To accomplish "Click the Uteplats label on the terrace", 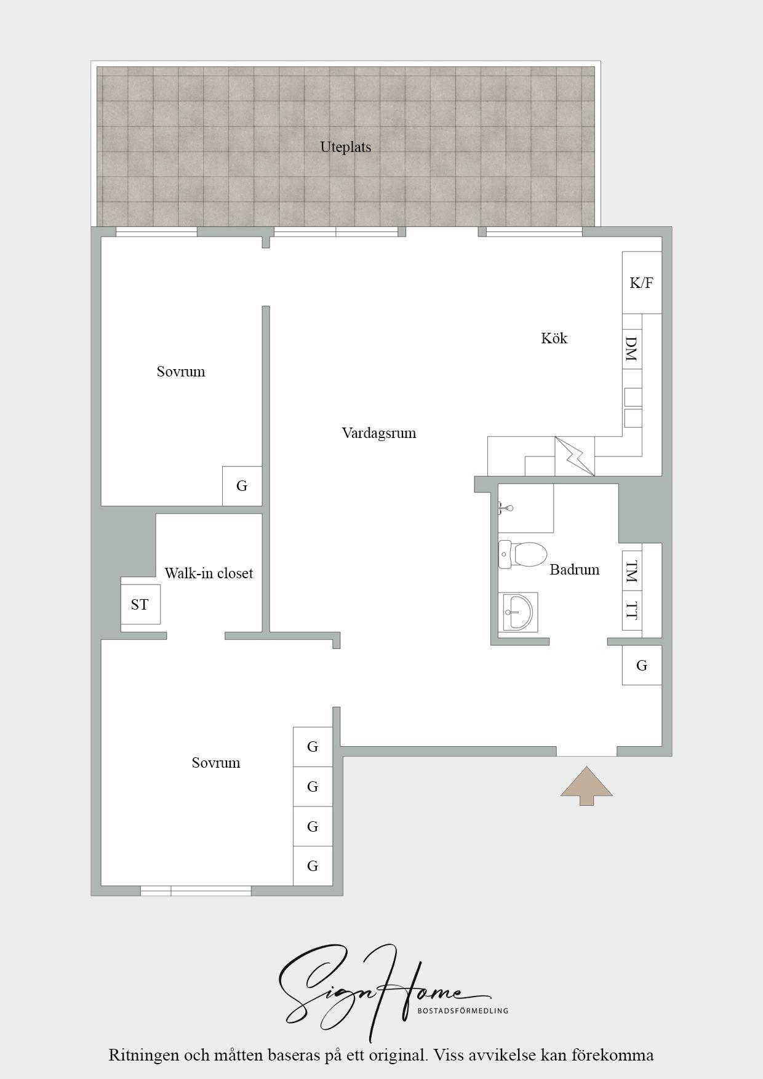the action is point(345,147).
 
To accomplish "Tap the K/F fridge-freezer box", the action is point(642,282).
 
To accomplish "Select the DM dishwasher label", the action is point(631,348).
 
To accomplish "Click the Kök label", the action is point(554,338).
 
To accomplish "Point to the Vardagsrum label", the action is point(379,433).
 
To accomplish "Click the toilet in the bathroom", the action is point(522,554).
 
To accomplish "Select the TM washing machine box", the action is point(632,572).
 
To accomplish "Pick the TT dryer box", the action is point(632,610).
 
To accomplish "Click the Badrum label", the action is point(574,570).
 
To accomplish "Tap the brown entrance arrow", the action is point(586,786).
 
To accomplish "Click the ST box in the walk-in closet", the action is point(140,604).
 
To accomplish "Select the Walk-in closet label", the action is point(209,573).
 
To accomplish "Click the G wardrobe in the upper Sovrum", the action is point(242,486).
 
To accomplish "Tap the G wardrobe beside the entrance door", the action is point(642,665).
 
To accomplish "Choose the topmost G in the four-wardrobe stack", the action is point(313,747).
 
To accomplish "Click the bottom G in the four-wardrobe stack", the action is point(313,866).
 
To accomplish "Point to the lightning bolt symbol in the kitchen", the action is point(575,456).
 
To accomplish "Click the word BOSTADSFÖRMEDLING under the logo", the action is point(463,1010).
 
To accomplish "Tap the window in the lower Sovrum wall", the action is point(196,891).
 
